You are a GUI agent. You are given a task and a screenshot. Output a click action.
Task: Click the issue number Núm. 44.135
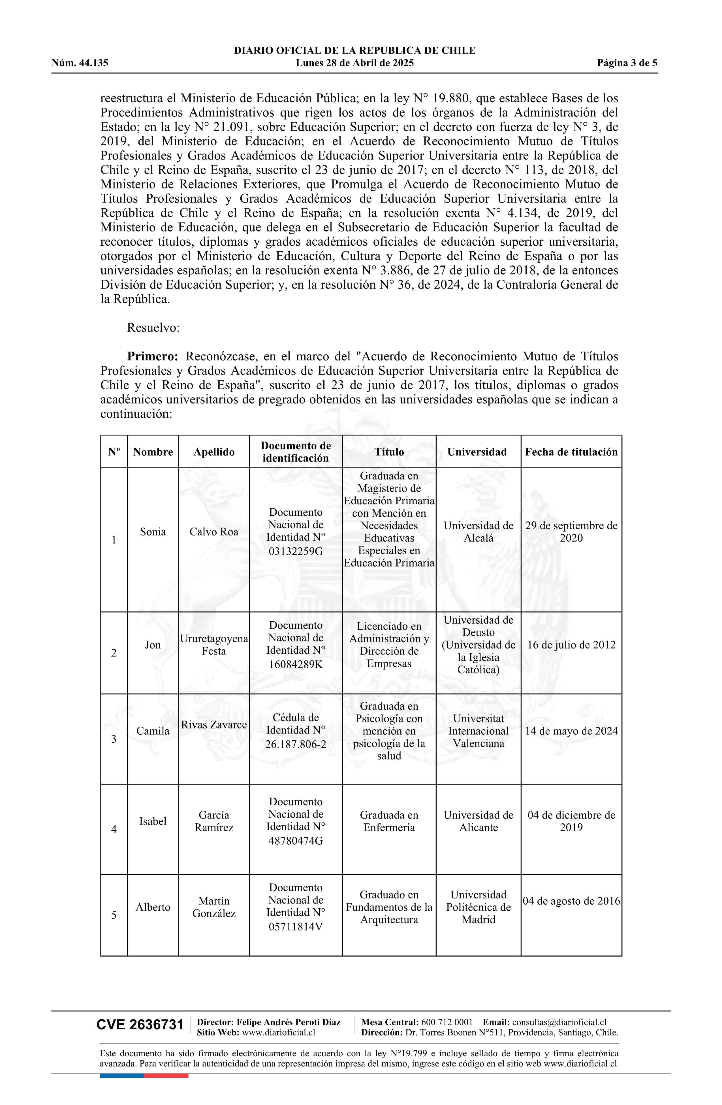(x=80, y=63)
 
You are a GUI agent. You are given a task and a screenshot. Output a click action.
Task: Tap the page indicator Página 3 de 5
(x=627, y=63)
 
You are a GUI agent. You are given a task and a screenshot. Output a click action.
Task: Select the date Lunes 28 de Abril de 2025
(x=354, y=63)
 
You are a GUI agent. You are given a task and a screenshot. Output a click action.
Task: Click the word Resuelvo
(x=153, y=328)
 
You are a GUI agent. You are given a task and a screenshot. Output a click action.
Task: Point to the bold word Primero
(x=153, y=356)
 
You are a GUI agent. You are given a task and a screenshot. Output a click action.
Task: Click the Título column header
(x=389, y=452)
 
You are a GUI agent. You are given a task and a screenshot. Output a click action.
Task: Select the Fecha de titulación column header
(x=571, y=452)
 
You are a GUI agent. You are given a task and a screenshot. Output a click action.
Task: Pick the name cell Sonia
(x=153, y=532)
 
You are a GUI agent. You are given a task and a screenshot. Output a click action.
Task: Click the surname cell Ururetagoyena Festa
(x=214, y=645)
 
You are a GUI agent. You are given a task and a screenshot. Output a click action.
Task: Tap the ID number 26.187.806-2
(x=296, y=744)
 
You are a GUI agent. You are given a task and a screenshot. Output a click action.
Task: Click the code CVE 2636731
(x=140, y=1025)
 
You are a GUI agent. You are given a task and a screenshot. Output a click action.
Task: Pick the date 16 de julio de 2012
(x=571, y=645)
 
